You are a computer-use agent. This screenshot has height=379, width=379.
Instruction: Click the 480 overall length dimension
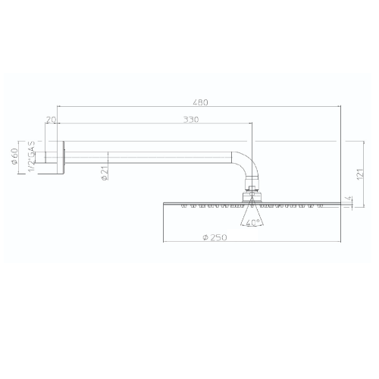click(x=200, y=102)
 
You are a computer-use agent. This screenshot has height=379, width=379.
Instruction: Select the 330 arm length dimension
click(x=191, y=120)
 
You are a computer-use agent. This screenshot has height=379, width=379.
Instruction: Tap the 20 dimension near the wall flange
click(x=51, y=120)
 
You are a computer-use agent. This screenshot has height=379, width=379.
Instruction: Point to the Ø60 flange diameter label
click(x=14, y=156)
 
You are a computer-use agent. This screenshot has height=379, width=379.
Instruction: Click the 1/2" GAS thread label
click(x=31, y=157)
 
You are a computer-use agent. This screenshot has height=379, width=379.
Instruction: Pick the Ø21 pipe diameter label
click(x=105, y=173)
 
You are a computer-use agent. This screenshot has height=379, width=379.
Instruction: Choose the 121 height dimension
click(x=360, y=174)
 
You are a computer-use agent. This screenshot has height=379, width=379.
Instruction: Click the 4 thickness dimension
click(x=349, y=199)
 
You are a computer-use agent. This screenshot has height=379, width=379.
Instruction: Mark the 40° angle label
click(x=252, y=223)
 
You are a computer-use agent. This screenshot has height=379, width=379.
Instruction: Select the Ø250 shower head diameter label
click(x=215, y=237)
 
